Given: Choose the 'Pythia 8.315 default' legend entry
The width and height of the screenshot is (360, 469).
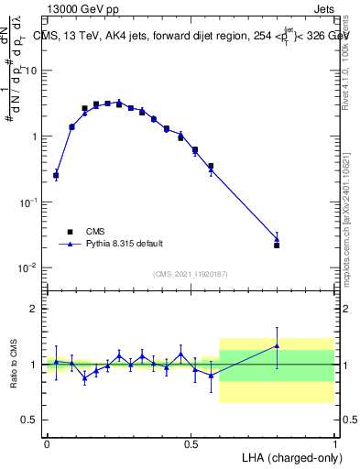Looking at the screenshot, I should [115, 244].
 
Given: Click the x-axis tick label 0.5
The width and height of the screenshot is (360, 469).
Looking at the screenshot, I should [191, 442].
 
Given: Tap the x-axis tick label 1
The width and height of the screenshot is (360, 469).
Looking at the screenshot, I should [335, 442].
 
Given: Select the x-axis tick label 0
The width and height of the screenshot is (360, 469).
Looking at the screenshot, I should [47, 442].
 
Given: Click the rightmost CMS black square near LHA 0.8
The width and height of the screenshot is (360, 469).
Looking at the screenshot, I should [277, 245].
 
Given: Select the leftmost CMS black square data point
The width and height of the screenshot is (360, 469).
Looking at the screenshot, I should [56, 175].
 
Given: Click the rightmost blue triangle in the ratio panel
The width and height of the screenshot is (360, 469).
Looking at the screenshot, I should [277, 345].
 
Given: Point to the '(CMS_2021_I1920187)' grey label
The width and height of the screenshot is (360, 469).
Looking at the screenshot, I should [191, 275].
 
